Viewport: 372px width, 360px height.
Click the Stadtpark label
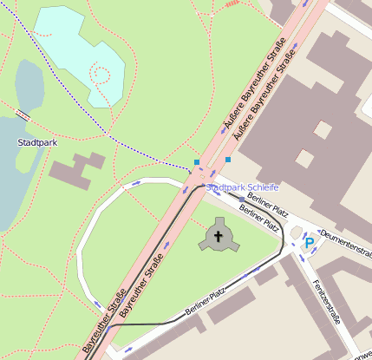(36, 141)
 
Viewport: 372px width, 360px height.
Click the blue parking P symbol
(310, 244)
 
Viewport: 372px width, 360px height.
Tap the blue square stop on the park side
(197, 162)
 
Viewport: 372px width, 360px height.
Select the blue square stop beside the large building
(228, 160)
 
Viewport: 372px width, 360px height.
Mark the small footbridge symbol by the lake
(23, 114)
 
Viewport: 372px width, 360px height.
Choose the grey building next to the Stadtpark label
(76, 168)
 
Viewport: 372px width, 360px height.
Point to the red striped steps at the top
(232, 4)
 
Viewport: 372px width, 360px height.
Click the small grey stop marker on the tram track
(242, 199)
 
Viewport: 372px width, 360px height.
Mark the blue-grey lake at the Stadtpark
(12, 173)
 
